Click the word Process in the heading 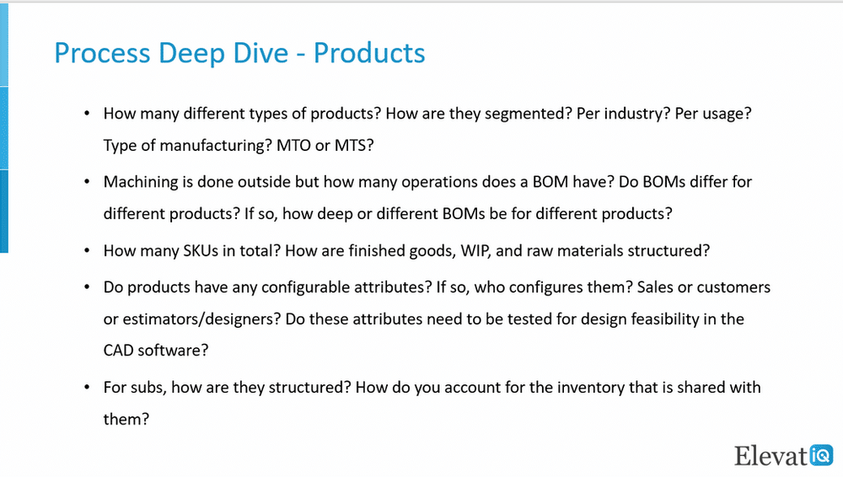pyautogui.click(x=102, y=53)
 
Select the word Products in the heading pyautogui.click(x=369, y=53)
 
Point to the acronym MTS pyautogui.click(x=354, y=145)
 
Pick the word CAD pyautogui.click(x=118, y=350)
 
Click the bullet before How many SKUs pyautogui.click(x=87, y=250)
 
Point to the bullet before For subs pyautogui.click(x=87, y=388)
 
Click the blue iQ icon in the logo pyautogui.click(x=821, y=455)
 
